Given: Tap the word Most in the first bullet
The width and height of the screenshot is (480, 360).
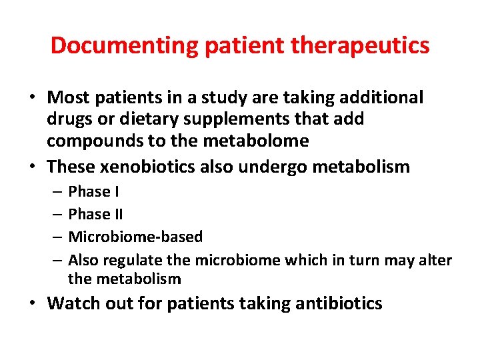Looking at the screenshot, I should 69,97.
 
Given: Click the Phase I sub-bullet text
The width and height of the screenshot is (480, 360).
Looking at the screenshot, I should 94,192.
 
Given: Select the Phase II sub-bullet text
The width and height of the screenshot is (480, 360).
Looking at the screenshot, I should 96,214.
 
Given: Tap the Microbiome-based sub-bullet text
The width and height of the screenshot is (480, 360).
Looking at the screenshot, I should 135,237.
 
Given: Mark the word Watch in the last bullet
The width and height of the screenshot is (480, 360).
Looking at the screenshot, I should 72,303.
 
